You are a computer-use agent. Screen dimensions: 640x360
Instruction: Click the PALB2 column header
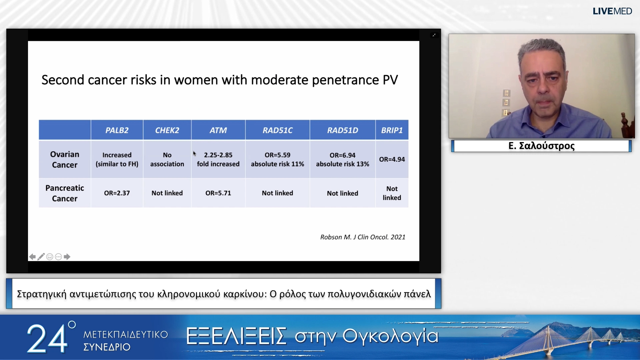[117, 130]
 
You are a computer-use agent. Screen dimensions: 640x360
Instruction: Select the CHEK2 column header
[167, 130]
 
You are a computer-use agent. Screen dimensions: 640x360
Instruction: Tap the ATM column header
[218, 130]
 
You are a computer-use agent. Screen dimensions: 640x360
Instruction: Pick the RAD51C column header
[277, 130]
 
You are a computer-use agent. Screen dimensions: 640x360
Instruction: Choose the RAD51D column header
[343, 130]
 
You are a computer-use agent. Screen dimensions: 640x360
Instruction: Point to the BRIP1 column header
[392, 130]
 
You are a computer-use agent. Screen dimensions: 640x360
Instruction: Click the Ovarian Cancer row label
[65, 160]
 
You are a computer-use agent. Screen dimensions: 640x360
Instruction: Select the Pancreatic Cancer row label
[65, 193]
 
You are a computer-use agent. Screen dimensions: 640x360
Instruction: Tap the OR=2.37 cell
[117, 193]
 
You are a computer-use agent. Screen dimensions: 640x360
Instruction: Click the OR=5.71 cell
[218, 193]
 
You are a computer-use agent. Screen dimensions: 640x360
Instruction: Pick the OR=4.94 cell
[392, 159]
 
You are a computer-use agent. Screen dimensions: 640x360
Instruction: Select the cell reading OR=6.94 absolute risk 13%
[343, 160]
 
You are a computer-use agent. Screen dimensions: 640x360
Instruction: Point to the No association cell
[167, 160]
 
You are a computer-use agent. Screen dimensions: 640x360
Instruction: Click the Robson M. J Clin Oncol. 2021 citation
[363, 237]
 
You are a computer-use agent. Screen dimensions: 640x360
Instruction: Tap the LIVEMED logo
[612, 11]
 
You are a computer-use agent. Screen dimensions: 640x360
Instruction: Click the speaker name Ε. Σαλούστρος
[542, 146]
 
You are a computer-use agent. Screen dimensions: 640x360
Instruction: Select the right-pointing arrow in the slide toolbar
[67, 257]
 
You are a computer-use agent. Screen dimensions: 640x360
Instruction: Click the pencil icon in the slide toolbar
[41, 257]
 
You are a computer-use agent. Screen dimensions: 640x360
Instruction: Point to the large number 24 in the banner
[47, 339]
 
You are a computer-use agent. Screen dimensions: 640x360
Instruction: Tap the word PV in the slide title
[390, 80]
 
